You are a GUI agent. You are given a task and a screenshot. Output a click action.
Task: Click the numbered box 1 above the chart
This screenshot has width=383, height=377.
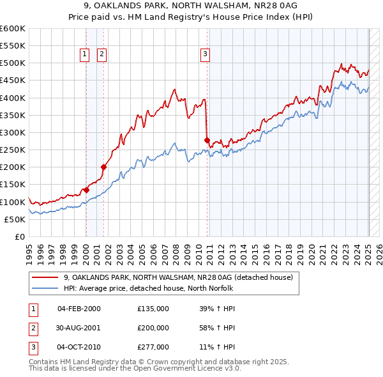point(85,55)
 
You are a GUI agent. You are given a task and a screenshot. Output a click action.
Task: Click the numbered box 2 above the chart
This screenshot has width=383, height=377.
point(101,55)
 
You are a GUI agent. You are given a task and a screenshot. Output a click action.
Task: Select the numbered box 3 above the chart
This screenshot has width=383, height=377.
point(205,55)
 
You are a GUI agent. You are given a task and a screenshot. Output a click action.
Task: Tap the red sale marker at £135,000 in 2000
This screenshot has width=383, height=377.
point(86,190)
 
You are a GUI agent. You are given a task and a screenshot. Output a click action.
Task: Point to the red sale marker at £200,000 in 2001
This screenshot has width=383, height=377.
point(103,167)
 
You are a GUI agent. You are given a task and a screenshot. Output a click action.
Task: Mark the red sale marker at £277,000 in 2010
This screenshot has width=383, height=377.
point(207,141)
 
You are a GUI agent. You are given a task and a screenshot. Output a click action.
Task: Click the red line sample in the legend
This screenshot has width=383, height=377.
point(45,277)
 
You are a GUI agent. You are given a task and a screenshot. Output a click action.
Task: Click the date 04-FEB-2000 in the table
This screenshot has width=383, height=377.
point(79,309)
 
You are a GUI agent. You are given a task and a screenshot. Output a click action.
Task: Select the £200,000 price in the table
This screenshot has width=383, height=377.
point(153,328)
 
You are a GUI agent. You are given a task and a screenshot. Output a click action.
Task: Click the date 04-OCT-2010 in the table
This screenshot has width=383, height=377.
point(79,347)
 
